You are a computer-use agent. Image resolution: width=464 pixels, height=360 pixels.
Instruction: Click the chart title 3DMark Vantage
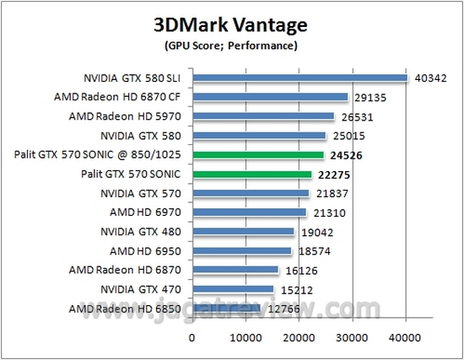pos(231,23)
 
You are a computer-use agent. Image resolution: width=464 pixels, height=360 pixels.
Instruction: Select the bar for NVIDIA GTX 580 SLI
pos(299,78)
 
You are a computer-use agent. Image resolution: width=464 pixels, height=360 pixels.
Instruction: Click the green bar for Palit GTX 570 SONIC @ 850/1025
pos(258,155)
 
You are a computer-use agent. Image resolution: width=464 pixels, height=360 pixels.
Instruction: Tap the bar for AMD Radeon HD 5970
pos(263,116)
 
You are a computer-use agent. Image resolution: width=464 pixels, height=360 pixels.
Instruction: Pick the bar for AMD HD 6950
pos(242,251)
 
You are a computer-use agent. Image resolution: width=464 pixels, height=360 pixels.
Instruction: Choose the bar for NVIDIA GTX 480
pos(243,232)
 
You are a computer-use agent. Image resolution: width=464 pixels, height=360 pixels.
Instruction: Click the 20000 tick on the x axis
pos(299,337)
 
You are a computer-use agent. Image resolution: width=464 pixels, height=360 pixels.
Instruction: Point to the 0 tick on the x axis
pos(192,337)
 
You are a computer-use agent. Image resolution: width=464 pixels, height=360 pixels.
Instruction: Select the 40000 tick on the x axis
pos(405,337)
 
